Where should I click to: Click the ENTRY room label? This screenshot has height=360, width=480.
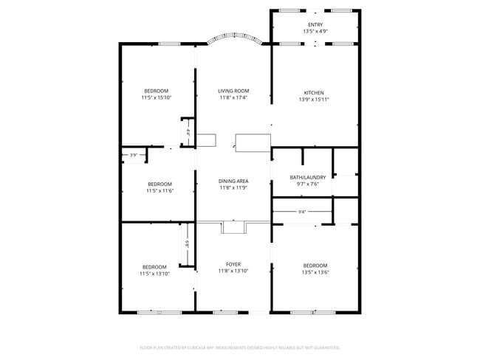click(315, 25)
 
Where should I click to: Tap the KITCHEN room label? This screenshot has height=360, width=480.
click(314, 93)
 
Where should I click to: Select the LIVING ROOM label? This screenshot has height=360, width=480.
click(233, 91)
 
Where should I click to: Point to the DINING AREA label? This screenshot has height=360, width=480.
click(233, 181)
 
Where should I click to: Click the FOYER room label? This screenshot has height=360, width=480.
click(233, 264)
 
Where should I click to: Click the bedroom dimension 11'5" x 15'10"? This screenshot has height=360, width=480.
click(156, 97)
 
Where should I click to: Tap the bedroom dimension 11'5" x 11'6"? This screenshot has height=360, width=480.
click(159, 191)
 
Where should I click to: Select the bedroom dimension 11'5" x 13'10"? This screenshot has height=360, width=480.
click(155, 274)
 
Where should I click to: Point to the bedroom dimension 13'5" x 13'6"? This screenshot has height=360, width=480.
click(315, 272)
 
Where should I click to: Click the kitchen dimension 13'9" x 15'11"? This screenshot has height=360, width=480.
click(314, 100)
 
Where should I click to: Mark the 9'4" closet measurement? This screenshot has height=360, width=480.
click(302, 212)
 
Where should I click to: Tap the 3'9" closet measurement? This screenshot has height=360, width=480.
click(134, 155)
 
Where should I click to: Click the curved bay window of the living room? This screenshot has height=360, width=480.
click(233, 38)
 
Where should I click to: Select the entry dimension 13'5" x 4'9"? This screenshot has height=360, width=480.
click(315, 32)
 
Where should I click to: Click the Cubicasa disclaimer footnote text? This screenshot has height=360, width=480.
click(239, 347)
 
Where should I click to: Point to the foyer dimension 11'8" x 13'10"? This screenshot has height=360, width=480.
click(233, 271)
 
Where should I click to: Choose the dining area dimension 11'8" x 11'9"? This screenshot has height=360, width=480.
click(233, 188)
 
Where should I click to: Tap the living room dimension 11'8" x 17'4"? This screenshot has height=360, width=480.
click(233, 97)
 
